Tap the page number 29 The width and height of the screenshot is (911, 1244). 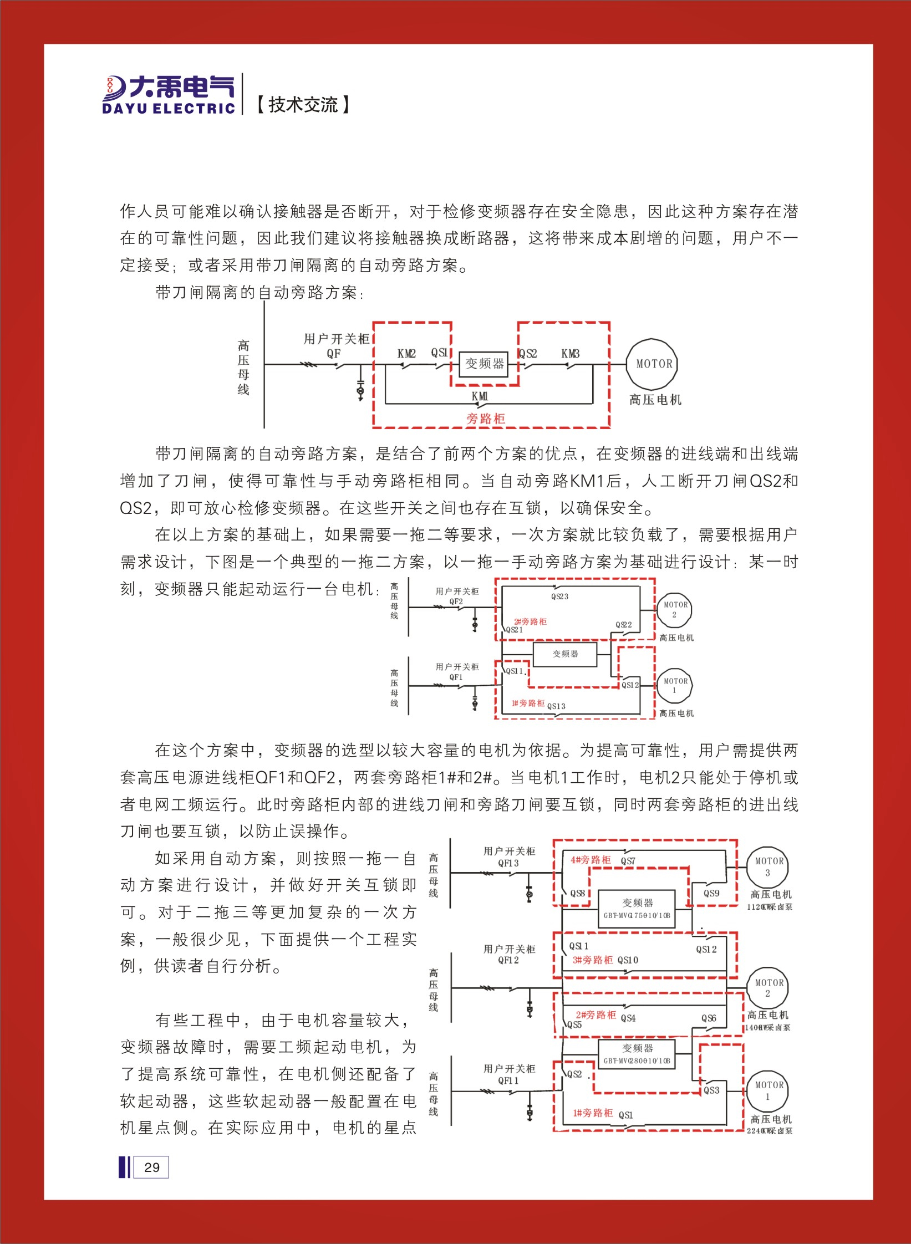151,1167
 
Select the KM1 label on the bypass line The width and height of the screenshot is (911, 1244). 480,396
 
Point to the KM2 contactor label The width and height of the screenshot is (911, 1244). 406,354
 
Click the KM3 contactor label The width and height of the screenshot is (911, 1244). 570,354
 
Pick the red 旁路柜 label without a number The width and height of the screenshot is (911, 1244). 486,419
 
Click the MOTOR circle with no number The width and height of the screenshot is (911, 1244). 653,364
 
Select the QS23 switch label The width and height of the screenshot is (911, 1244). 559,596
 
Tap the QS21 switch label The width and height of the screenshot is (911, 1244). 514,630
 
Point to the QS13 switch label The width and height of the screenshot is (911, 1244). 556,706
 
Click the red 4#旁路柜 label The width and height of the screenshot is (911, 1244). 591,860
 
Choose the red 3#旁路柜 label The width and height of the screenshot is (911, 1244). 593,960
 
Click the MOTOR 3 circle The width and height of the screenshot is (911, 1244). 769,866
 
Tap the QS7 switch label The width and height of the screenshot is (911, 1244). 628,861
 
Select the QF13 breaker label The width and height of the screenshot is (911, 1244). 508,863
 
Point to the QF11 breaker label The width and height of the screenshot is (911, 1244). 508,1080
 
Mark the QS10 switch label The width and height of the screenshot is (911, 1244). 628,960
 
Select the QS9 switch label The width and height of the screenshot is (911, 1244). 711,893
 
